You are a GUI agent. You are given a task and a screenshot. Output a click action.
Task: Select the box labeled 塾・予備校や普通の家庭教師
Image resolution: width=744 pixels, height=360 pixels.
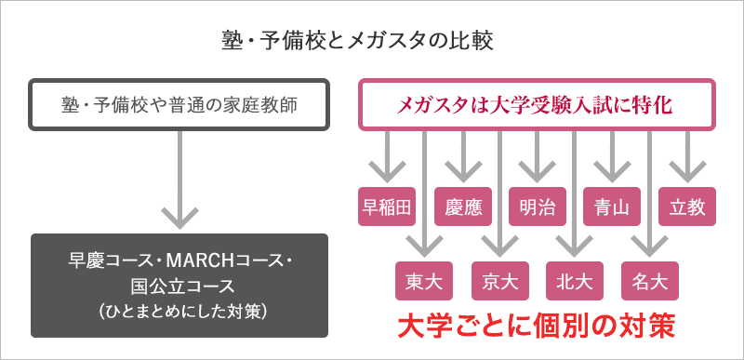pyautogui.click(x=179, y=105)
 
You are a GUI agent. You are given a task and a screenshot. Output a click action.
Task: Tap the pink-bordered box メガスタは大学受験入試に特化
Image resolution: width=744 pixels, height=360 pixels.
pyautogui.click(x=537, y=105)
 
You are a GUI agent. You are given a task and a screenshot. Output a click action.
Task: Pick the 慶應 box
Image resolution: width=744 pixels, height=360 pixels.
pyautogui.click(x=462, y=207)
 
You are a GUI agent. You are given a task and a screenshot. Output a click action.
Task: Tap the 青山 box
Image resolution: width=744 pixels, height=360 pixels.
pyautogui.click(x=612, y=207)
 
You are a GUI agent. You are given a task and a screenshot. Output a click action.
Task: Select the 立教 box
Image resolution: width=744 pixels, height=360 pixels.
pyautogui.click(x=686, y=207)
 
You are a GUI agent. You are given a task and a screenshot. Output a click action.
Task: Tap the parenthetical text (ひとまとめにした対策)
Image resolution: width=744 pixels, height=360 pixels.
pyautogui.click(x=179, y=310)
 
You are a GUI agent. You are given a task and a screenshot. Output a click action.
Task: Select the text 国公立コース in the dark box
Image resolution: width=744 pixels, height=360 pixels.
pyautogui.click(x=179, y=285)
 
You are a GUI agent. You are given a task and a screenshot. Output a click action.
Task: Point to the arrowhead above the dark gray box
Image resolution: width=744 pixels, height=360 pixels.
pyautogui.click(x=179, y=217)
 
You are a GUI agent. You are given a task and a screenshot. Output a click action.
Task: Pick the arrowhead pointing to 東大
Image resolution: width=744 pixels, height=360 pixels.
pyautogui.click(x=424, y=247)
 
